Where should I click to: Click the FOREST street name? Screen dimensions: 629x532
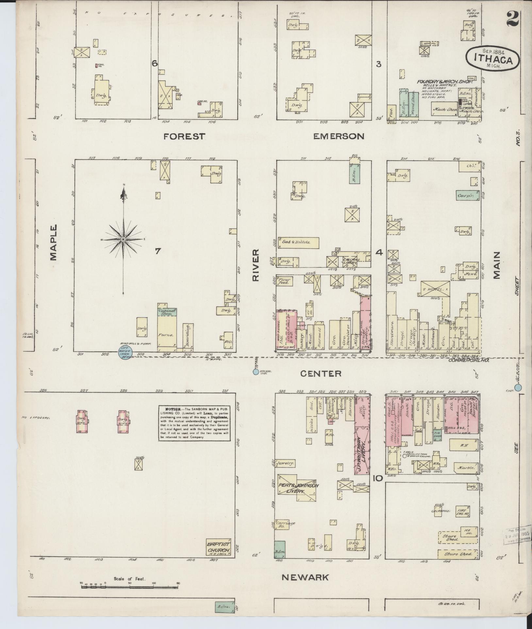(184, 136)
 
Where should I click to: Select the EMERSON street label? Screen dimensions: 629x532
(339, 136)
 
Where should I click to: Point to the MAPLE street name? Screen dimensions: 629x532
(53, 242)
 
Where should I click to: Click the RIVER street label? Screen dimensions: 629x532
(255, 265)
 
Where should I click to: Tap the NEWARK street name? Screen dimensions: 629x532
(305, 577)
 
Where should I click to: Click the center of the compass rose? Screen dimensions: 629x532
(123, 240)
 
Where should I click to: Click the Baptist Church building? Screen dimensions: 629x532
(219, 547)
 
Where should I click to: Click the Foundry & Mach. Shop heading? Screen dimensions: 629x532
(444, 82)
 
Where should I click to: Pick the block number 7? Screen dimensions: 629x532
(158, 251)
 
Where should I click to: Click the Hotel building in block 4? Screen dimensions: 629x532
(435, 289)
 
